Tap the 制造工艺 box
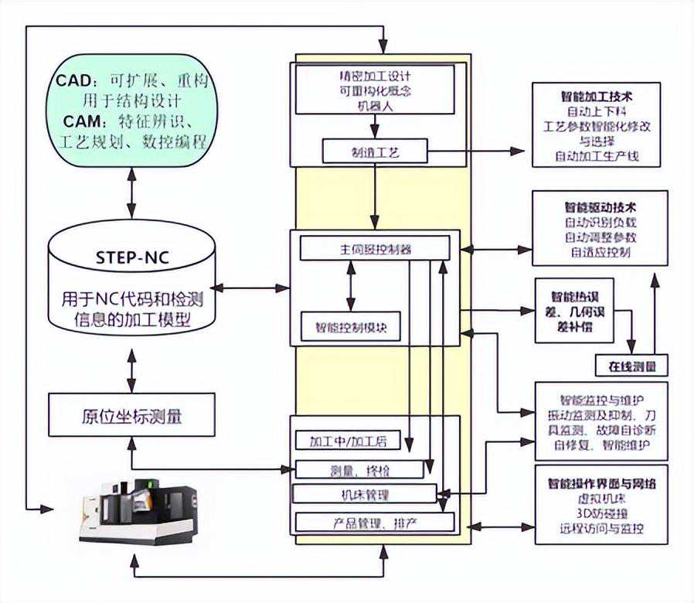tap(374, 152)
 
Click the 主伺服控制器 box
tap(374, 249)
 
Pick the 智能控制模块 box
tap(351, 325)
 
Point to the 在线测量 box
tap(630, 365)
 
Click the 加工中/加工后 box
tap(352, 441)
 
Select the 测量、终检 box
tap(359, 469)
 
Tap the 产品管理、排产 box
tap(374, 523)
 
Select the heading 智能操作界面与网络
tap(600, 483)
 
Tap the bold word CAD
tap(74, 81)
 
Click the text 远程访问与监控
tap(600, 530)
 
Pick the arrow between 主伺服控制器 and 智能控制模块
tap(352, 286)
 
